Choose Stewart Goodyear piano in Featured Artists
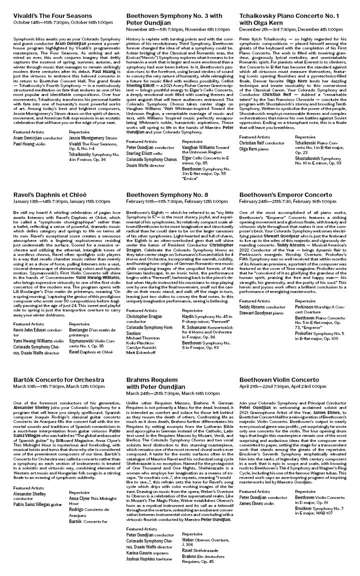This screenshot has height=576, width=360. [262, 313]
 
